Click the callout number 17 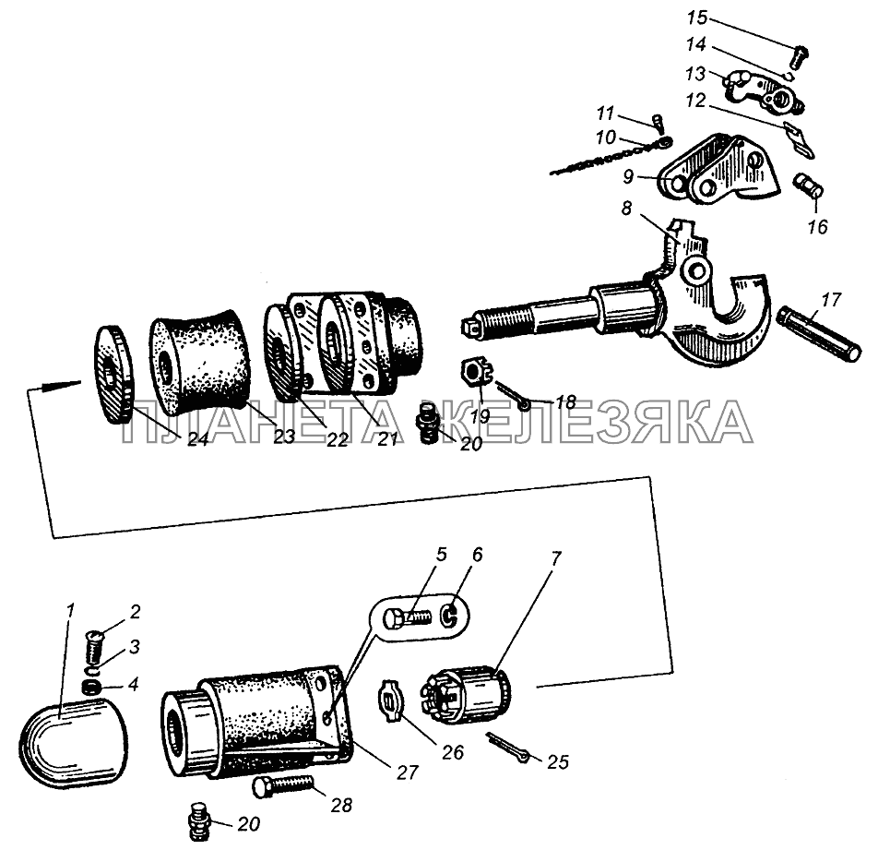832,299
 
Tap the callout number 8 626,208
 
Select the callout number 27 407,772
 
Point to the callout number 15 697,18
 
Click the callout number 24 197,439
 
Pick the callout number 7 555,558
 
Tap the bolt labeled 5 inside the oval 407,618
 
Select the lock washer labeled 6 450,617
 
